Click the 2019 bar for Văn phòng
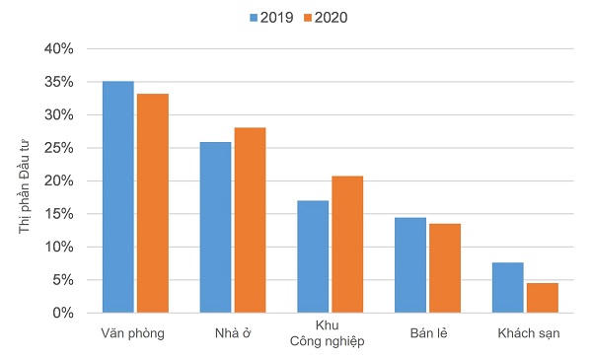[117, 197]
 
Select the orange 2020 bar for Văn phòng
[152, 203]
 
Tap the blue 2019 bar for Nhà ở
[215, 228]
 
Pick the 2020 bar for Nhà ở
[250, 220]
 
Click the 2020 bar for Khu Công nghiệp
[347, 245]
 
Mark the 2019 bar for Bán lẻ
[410, 265]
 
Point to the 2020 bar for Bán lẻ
[444, 268]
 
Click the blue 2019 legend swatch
[254, 17]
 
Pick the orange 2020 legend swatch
[307, 17]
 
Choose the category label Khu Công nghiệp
[327, 333]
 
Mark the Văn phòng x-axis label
[132, 333]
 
